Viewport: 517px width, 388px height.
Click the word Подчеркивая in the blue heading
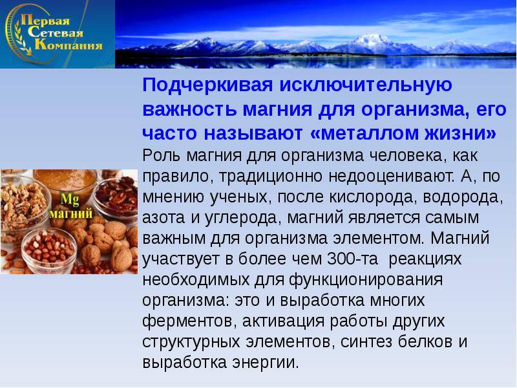tap(207, 86)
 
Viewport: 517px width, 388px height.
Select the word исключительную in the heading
tap(366, 86)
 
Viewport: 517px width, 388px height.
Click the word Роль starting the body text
tap(161, 155)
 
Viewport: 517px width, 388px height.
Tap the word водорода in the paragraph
tap(463, 198)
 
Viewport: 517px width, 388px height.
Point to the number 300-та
tap(352, 259)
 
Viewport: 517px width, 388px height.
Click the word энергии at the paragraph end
tap(266, 363)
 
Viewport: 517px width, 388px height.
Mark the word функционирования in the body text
tap(366, 280)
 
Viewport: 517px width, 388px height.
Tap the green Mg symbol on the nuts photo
tap(70, 200)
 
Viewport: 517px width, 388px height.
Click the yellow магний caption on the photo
tap(71, 214)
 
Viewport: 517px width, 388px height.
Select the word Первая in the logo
tap(45, 21)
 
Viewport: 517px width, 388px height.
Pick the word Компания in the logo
tap(69, 45)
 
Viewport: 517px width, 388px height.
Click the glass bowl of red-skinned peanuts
tap(50, 250)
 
